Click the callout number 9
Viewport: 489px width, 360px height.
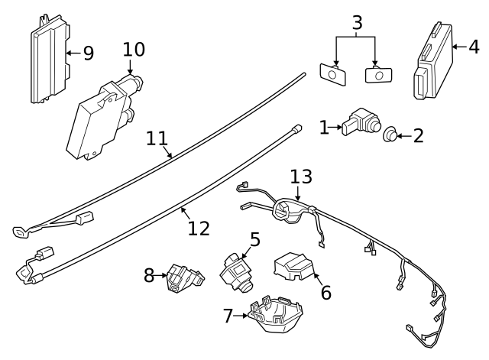[88, 54]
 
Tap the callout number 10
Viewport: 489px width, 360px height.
[134, 50]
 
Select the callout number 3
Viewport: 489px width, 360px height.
[356, 23]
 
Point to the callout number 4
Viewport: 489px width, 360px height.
[474, 47]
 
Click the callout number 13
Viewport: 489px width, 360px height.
[302, 177]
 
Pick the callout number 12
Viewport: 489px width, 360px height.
[199, 228]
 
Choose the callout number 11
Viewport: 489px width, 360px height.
[157, 139]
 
